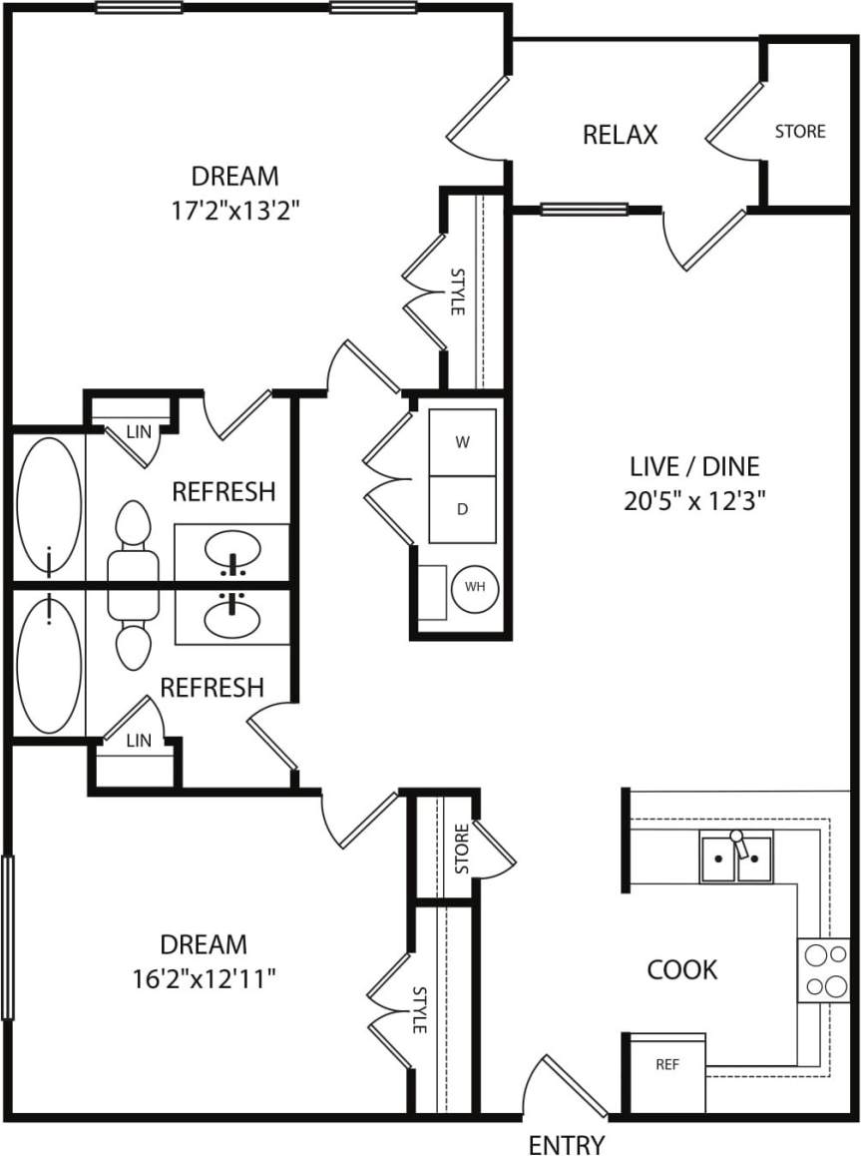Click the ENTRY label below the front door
566,1143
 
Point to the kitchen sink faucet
738,845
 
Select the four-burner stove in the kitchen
823,969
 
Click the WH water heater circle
475,587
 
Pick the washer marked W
462,442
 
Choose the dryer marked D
462,509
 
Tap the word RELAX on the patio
620,135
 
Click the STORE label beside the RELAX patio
800,131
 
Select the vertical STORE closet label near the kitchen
461,849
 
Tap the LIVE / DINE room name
694,466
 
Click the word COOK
682,969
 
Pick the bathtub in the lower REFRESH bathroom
48,665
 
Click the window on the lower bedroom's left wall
8,936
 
